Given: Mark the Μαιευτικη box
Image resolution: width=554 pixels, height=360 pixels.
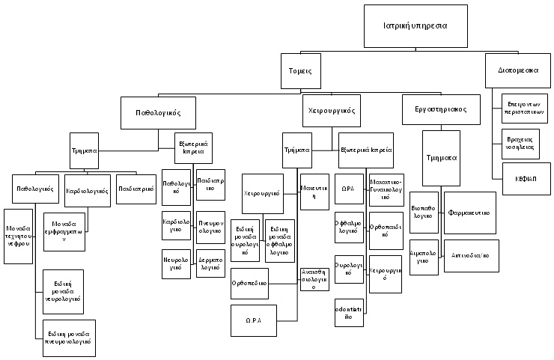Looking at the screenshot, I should pyautogui.click(x=314, y=191).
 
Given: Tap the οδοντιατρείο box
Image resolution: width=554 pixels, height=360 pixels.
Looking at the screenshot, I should pyautogui.click(x=348, y=311).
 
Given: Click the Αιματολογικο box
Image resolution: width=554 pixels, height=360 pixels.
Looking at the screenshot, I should pyautogui.click(x=424, y=257).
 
